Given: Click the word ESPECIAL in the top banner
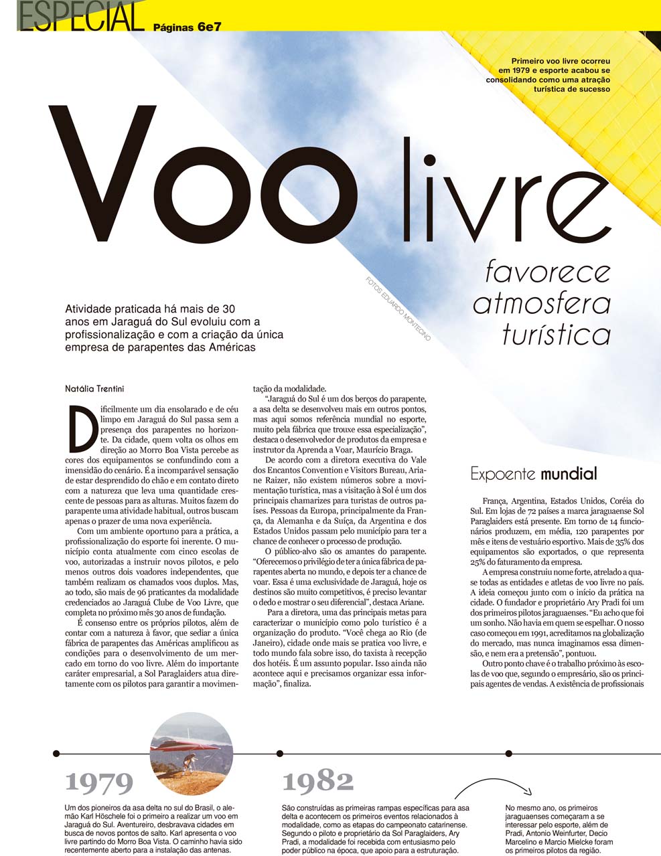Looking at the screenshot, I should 81,17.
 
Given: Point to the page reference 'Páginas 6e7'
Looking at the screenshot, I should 188,27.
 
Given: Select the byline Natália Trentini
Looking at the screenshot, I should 94,388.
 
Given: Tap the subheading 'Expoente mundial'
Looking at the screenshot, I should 533,475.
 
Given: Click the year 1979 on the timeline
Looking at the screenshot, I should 99,782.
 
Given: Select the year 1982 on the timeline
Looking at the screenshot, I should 317,780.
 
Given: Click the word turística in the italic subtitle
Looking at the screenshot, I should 557,334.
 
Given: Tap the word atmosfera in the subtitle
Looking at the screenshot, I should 542,303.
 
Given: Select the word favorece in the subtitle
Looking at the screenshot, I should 548,272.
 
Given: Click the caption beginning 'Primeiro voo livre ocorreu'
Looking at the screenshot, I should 554,74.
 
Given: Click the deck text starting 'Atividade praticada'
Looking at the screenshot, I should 174,328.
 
